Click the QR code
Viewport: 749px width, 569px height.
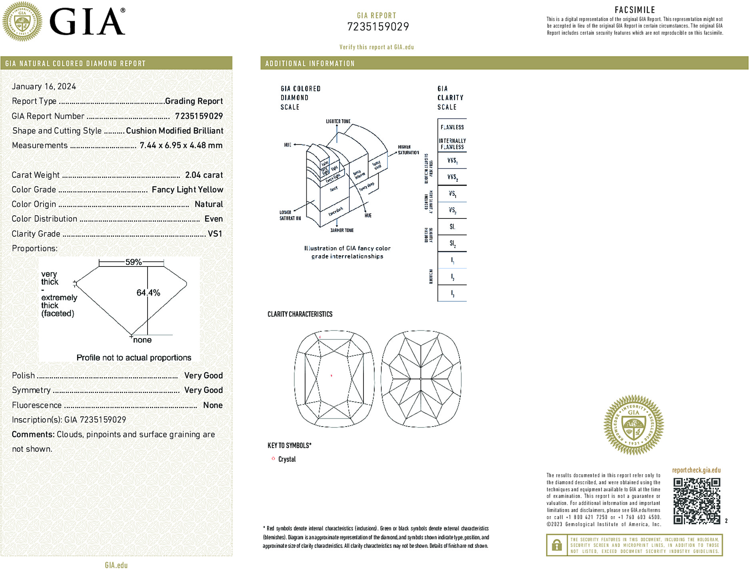coord(697,501)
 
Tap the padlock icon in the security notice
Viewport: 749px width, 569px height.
coord(557,545)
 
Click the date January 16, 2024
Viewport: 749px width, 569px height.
coord(44,86)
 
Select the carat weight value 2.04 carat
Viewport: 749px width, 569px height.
coord(204,175)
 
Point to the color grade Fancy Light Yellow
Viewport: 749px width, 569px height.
coord(187,190)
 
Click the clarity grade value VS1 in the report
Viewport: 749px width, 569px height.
coord(215,234)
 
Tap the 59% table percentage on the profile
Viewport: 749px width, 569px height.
coord(134,262)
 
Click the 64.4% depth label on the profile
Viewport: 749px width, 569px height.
coord(148,293)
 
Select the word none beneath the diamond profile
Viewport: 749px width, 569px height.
coord(142,340)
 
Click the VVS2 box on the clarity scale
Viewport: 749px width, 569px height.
coord(452,177)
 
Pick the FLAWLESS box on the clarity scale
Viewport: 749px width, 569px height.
coord(452,127)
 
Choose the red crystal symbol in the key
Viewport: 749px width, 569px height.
coord(273,459)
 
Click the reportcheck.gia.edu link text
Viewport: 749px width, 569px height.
coord(696,470)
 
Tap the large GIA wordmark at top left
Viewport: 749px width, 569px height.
coord(87,22)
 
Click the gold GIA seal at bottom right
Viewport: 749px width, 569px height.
coord(633,425)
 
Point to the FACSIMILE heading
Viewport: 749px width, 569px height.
coord(635,10)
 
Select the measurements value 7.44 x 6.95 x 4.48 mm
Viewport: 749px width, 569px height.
coord(181,146)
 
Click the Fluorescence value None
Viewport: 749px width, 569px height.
coord(213,405)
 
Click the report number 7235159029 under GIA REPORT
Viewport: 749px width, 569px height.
coord(378,27)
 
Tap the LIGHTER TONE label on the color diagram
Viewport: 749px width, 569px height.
coord(338,121)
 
